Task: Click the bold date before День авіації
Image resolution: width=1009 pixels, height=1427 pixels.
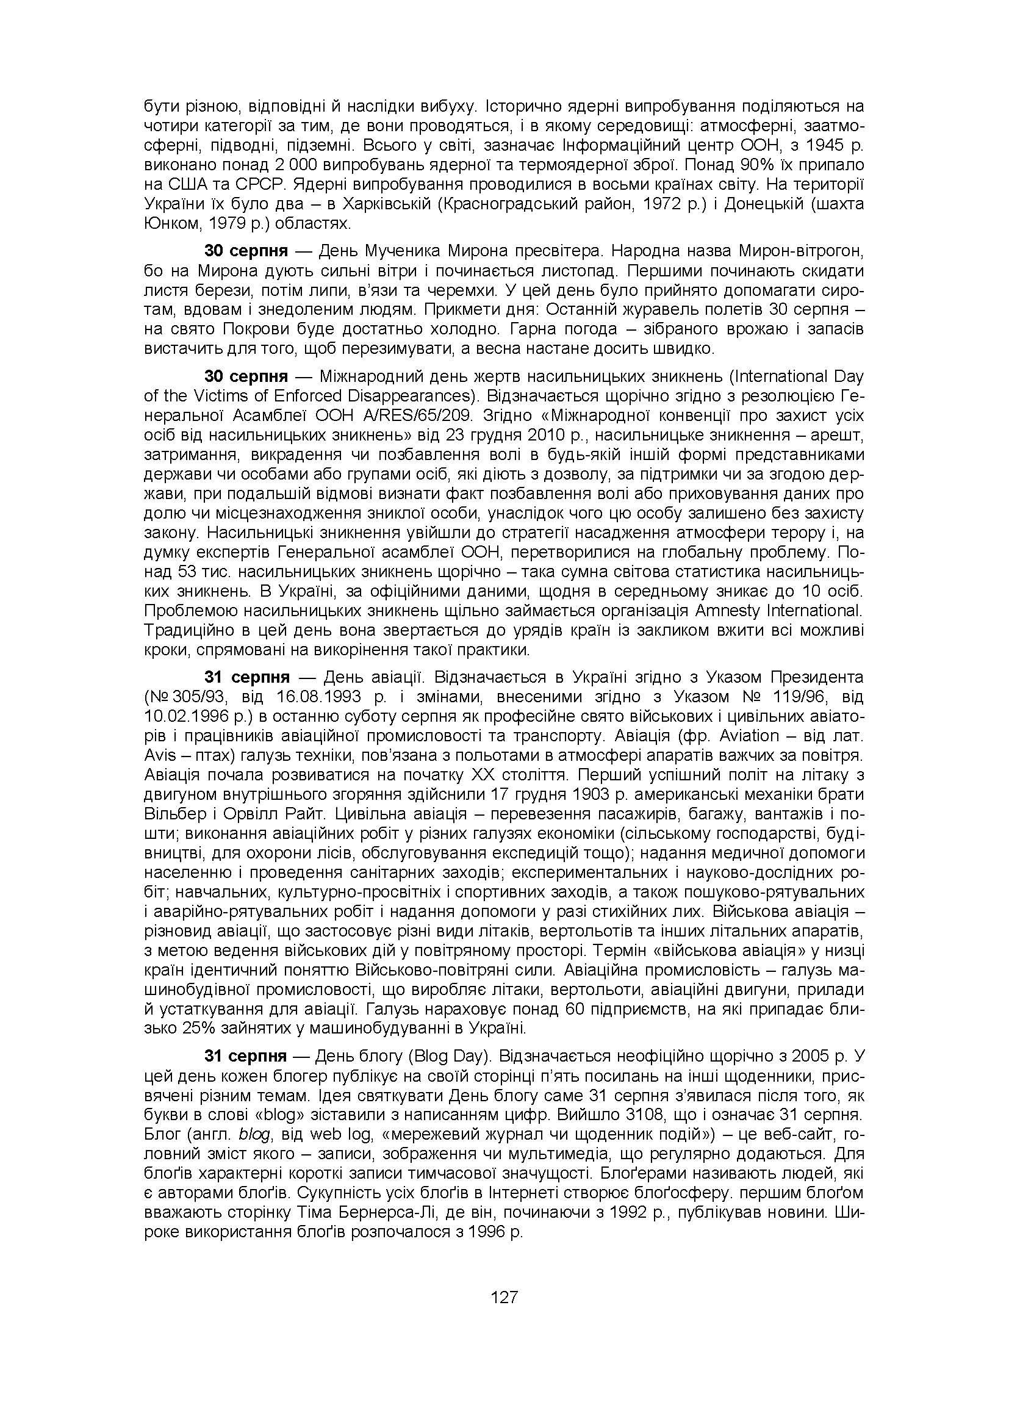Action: coord(246,677)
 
